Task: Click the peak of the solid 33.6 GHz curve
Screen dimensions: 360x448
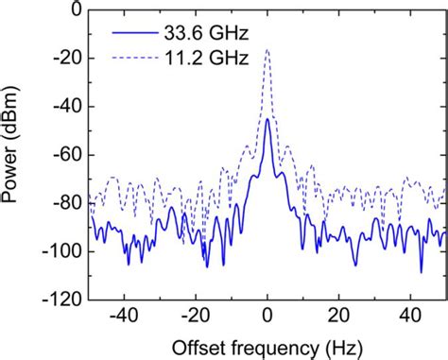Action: coord(267,120)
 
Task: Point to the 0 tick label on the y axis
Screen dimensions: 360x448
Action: coord(73,10)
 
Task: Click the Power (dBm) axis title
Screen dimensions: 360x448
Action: coord(19,154)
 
